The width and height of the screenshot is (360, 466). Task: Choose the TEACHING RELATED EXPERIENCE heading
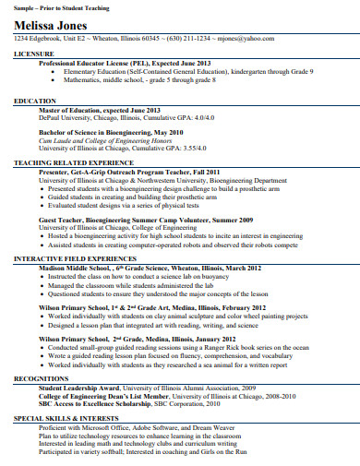point(75,162)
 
